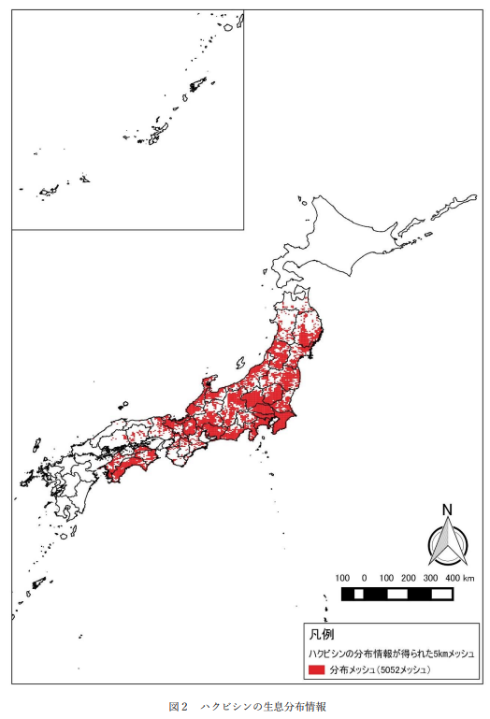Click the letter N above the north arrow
(447, 510)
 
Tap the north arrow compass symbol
(447, 544)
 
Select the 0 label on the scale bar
(364, 578)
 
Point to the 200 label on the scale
(409, 578)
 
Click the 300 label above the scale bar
(431, 578)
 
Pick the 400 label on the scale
(454, 578)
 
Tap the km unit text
(470, 578)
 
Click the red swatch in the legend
(317, 670)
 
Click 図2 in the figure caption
(178, 704)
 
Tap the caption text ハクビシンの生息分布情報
(260, 704)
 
